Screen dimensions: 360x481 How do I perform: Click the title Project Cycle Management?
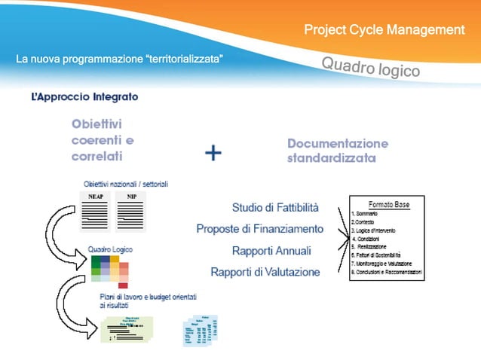[384, 30]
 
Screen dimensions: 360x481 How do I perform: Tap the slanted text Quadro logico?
[370, 67]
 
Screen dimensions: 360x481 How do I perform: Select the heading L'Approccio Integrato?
[84, 97]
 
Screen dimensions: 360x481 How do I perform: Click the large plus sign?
[213, 153]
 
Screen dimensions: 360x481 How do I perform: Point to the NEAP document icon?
[96, 211]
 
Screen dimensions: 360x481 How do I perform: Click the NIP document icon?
[132, 211]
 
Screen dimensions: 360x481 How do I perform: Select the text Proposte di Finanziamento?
[260, 228]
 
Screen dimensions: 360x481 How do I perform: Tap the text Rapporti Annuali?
[271, 250]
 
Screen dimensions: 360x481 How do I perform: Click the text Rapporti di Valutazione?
[265, 272]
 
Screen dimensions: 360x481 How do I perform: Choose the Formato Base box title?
[388, 205]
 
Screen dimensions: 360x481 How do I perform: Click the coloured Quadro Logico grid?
[110, 270]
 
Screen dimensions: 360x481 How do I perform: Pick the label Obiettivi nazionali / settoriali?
[126, 185]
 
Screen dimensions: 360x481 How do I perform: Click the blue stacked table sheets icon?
[199, 329]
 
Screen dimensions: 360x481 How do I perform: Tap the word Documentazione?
[338, 143]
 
